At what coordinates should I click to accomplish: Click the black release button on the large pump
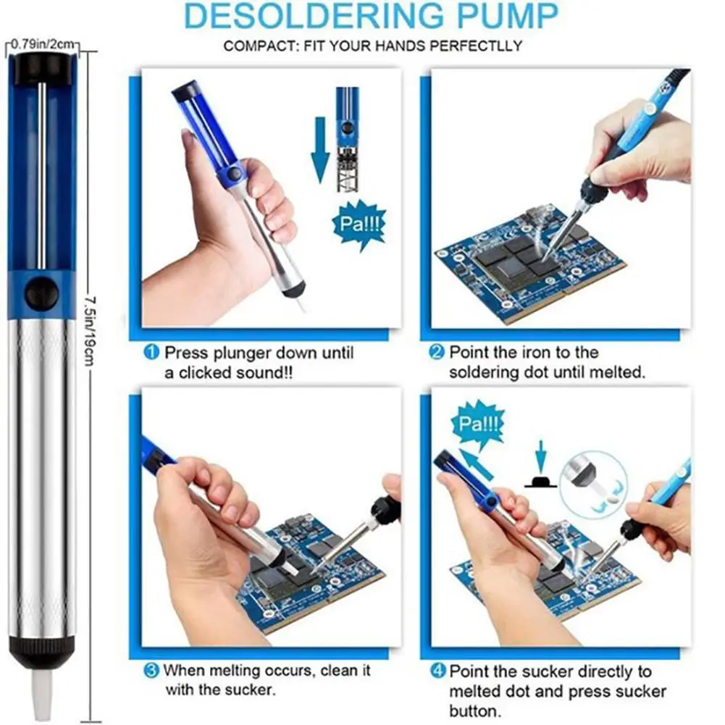pyautogui.click(x=41, y=294)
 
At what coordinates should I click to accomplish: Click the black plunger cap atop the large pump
pyautogui.click(x=41, y=67)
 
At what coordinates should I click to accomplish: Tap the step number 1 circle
pyautogui.click(x=151, y=353)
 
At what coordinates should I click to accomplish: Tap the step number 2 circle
pyautogui.click(x=437, y=353)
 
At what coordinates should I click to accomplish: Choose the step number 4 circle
pyautogui.click(x=437, y=671)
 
